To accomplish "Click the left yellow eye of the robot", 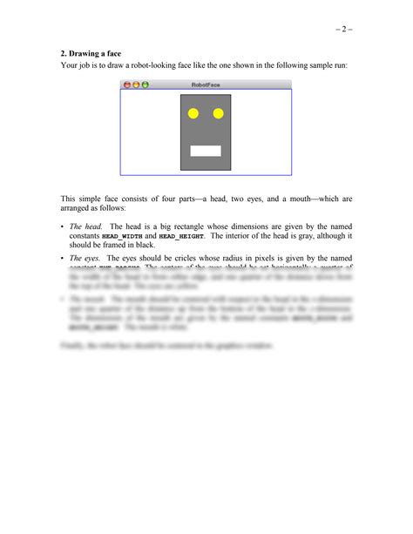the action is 193,113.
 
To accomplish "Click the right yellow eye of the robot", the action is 219,113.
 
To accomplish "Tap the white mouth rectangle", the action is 206,151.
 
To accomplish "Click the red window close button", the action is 127,84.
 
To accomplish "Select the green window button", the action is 145,84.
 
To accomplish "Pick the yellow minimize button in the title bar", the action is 136,84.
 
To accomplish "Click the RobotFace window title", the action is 206,84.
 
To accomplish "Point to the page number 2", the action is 343,30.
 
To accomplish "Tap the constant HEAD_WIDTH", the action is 122,236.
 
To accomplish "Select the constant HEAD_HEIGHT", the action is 182,236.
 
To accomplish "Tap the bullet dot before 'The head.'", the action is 62,226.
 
